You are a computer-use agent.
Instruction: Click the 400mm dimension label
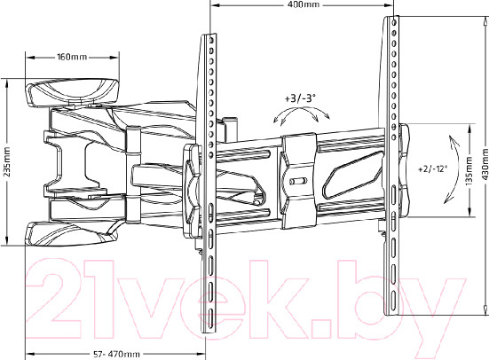[299, 4]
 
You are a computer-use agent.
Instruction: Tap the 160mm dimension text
[72, 57]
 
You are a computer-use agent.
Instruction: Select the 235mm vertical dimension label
[7, 161]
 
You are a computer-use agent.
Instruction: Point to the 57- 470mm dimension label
[117, 354]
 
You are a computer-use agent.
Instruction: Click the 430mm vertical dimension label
[485, 164]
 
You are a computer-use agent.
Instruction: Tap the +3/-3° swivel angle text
[300, 98]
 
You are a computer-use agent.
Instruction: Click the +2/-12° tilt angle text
[432, 168]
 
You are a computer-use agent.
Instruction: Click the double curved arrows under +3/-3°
[301, 114]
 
